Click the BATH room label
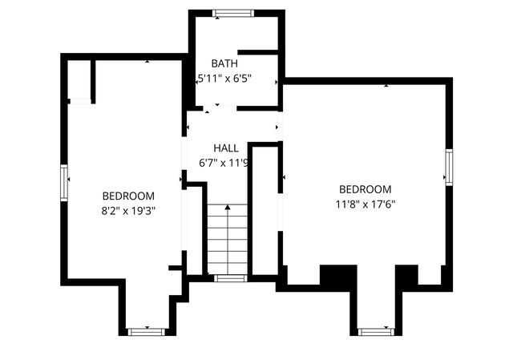tap(224, 63)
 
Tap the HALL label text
tap(226, 148)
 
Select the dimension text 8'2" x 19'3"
tap(128, 211)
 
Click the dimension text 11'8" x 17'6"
tap(365, 204)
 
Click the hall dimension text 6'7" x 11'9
tap(224, 163)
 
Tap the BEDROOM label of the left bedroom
tap(128, 196)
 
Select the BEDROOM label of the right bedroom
tap(365, 188)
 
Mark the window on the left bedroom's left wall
tap(63, 180)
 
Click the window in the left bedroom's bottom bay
tap(145, 330)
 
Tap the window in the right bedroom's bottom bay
tap(375, 330)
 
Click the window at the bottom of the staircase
tap(230, 278)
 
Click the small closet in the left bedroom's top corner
tap(80, 80)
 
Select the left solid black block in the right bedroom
tap(338, 275)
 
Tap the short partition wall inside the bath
tap(258, 53)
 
